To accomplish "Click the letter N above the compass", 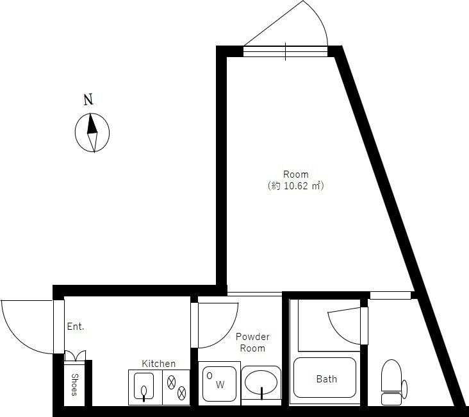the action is [88, 99].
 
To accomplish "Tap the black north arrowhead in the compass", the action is [92, 124].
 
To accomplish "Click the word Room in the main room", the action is [295, 174].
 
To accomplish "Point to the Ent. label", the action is [76, 327].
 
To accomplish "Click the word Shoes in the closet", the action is [74, 385].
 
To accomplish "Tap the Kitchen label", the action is [158, 364].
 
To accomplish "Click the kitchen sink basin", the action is [144, 386].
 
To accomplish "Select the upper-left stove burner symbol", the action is [171, 382].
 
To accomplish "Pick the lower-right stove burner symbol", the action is [181, 393].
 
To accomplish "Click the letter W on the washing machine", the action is [220, 385].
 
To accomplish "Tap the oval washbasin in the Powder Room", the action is [261, 382].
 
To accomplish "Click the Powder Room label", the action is [252, 343].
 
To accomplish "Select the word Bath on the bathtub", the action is [327, 379].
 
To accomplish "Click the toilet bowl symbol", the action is [391, 376].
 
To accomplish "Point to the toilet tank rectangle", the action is [391, 399].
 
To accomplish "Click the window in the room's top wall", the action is [285, 51].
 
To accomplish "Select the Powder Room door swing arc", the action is [227, 335].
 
